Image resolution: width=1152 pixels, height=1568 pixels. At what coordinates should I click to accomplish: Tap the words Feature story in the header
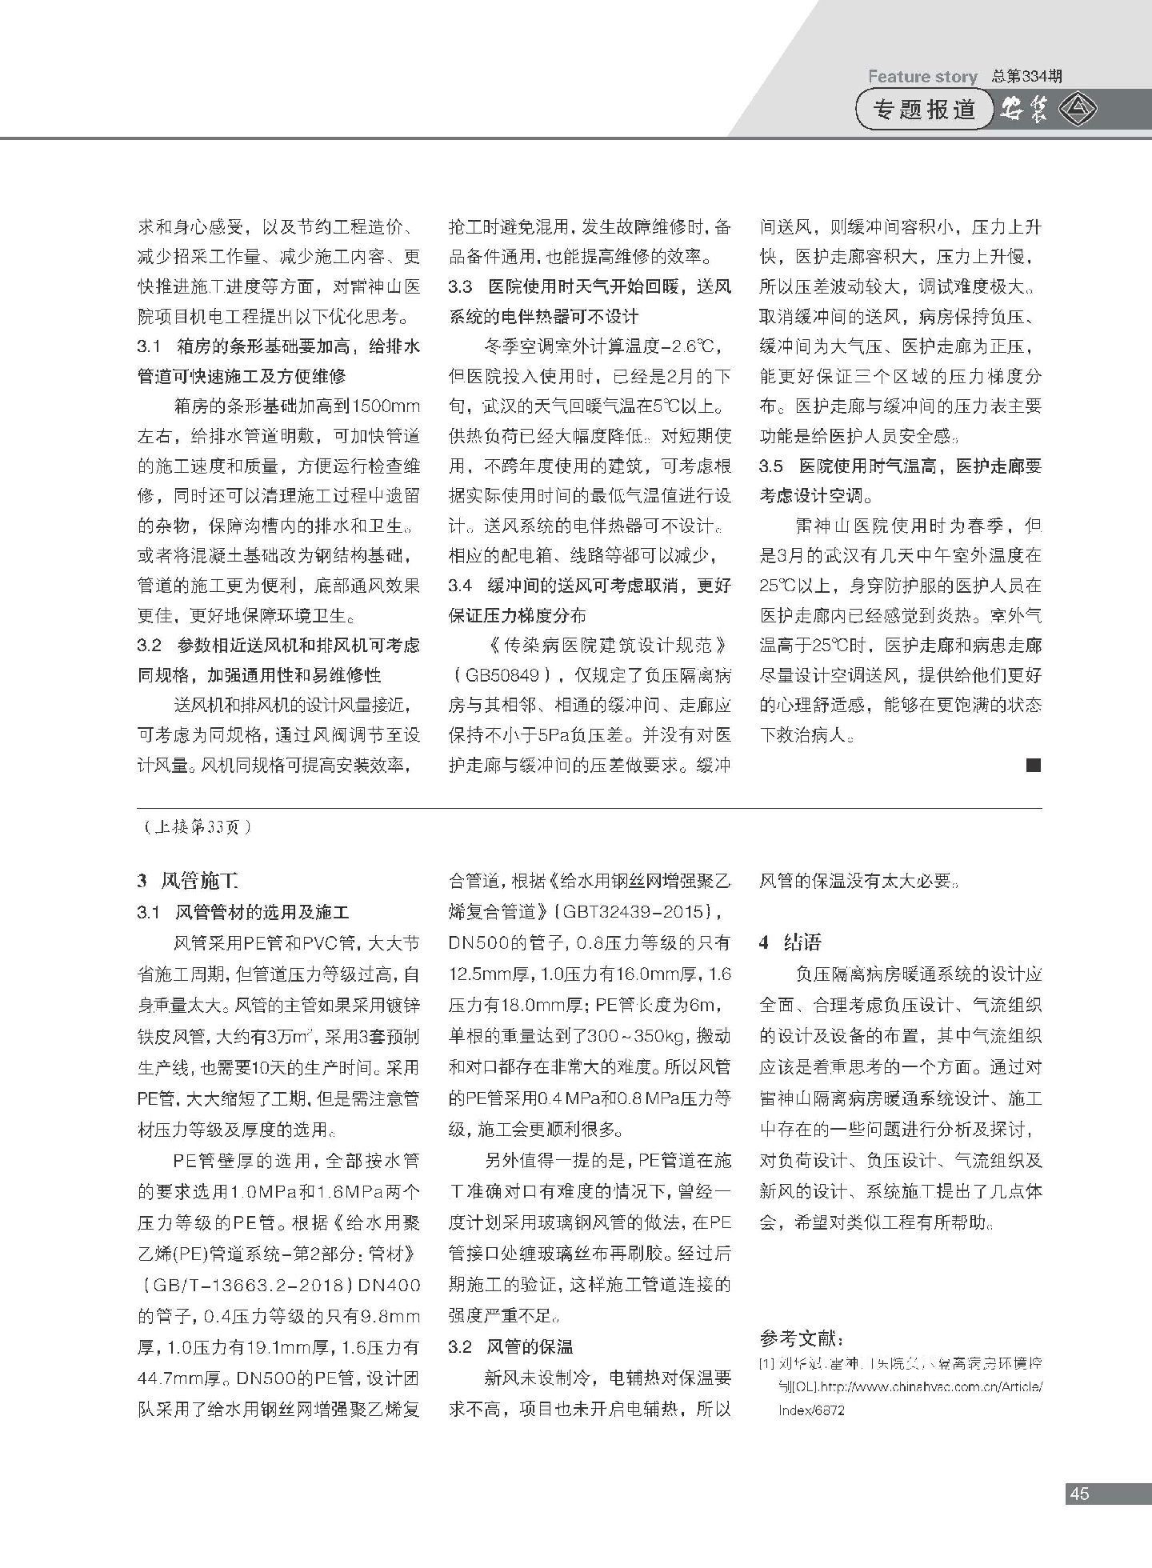[x=922, y=77]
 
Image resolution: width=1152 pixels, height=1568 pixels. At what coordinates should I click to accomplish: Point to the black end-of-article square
[x=1034, y=766]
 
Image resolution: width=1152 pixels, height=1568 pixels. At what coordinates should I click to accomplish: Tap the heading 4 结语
[x=790, y=942]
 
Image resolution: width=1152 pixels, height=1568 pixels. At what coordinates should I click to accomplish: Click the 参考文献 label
[x=802, y=1338]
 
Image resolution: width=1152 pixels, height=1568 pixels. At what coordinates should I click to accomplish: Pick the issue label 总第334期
[x=1026, y=77]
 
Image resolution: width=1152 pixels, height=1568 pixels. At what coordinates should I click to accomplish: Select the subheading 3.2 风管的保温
[x=510, y=1346]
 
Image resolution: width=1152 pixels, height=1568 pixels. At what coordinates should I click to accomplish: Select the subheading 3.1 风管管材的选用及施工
[x=244, y=912]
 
